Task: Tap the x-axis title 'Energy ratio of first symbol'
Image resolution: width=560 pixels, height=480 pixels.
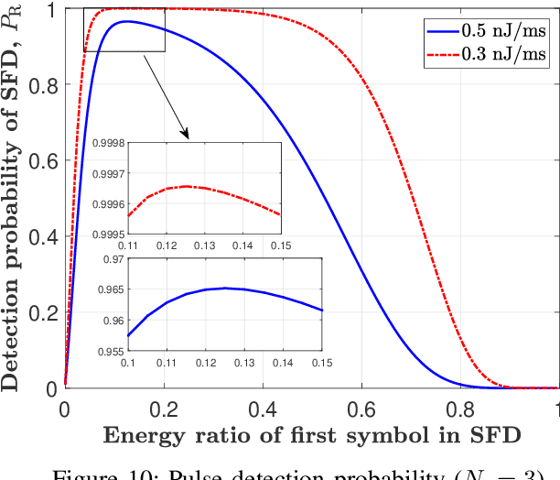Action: click(x=311, y=434)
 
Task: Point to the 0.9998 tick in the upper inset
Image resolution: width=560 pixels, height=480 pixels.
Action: click(x=106, y=143)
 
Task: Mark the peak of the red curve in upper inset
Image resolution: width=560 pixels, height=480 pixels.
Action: click(x=187, y=186)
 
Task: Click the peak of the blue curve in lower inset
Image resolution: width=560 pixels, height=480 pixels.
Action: click(x=224, y=288)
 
